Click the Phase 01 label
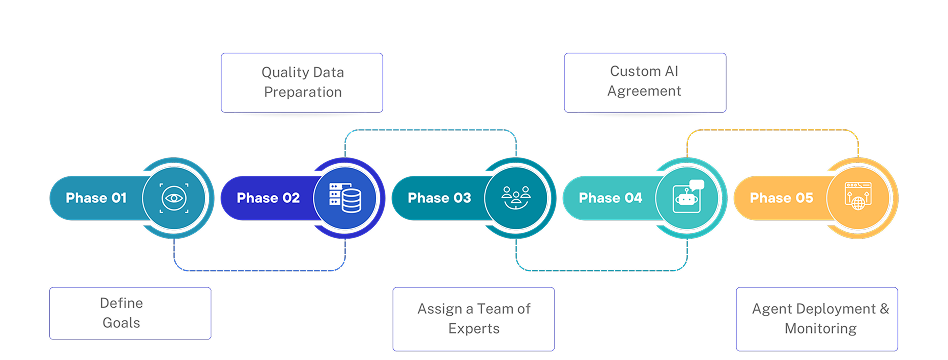(x=96, y=198)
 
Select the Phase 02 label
(x=268, y=198)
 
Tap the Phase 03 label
(x=439, y=198)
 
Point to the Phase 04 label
(x=610, y=198)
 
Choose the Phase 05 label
(x=782, y=198)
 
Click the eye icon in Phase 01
(x=175, y=198)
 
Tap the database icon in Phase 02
(x=346, y=198)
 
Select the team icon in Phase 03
(x=517, y=198)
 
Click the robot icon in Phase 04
(x=688, y=197)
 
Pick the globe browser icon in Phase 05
(x=859, y=197)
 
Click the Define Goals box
(x=130, y=313)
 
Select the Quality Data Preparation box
(x=302, y=82)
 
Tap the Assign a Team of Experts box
(x=473, y=319)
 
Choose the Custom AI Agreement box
(x=645, y=82)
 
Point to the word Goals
(x=121, y=323)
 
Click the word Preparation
(x=302, y=92)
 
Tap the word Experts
(x=474, y=329)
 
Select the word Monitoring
(x=820, y=329)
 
